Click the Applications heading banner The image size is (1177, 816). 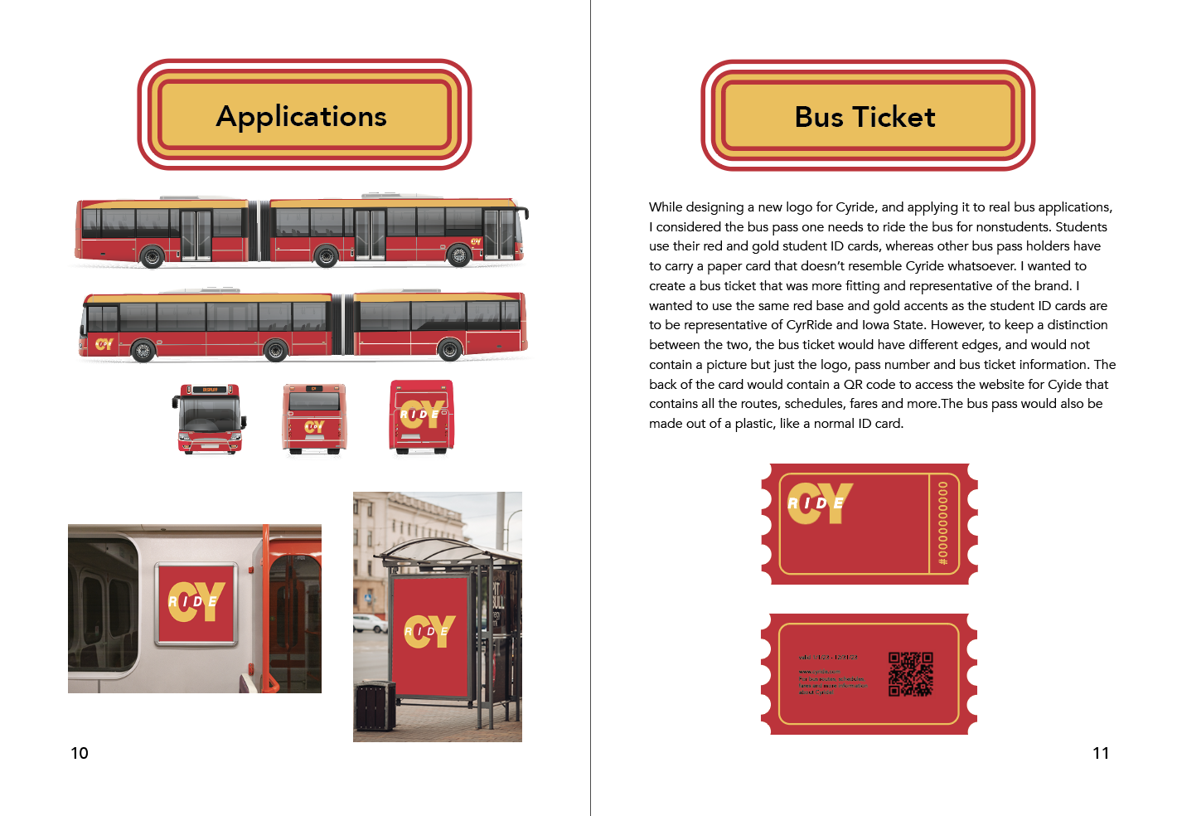click(x=303, y=116)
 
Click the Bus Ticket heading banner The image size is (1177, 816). click(x=867, y=117)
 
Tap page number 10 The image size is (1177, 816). click(x=80, y=753)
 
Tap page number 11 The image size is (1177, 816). click(x=1101, y=753)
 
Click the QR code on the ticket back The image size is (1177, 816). click(x=910, y=673)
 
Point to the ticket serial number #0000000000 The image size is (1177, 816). click(x=942, y=524)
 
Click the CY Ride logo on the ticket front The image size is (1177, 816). click(x=819, y=503)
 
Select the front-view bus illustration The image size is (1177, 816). click(x=210, y=418)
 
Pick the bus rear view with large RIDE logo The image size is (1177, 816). click(x=422, y=416)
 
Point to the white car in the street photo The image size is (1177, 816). click(x=370, y=623)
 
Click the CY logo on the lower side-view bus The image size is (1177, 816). click(x=104, y=343)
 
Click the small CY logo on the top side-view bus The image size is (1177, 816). click(x=475, y=242)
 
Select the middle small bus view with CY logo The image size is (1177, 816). click(x=314, y=419)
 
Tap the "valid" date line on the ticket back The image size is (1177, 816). click(x=827, y=658)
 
